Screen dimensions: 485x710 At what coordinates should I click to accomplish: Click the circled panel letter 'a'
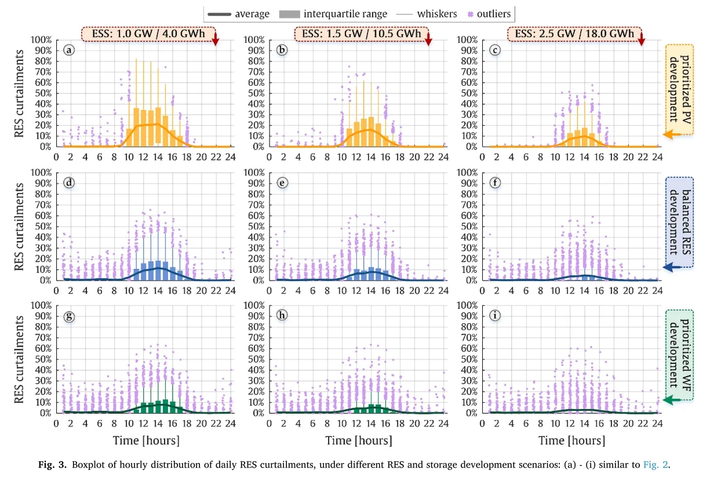point(70,50)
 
